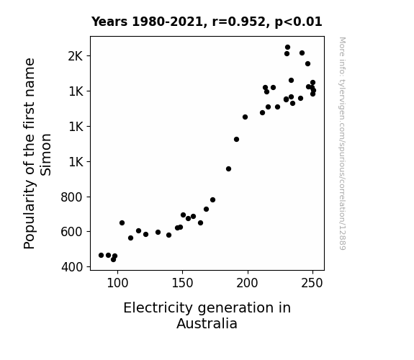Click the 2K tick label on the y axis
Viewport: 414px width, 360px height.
[76, 56]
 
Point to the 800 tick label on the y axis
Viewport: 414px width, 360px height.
[71, 197]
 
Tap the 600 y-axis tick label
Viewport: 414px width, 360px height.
[71, 232]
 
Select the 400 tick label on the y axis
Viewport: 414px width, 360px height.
[72, 267]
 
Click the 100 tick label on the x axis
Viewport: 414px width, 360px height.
[117, 283]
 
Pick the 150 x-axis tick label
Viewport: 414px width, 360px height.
[182, 283]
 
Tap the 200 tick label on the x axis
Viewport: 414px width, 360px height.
[247, 283]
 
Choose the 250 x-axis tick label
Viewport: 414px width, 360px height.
[312, 283]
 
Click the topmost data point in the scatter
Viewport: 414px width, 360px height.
[287, 48]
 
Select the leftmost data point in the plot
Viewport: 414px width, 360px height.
[101, 255]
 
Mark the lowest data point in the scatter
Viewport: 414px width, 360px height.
[113, 260]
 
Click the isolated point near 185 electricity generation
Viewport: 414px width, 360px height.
[229, 168]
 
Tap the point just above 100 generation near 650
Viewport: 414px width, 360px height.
[122, 223]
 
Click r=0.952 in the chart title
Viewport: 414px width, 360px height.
[239, 22]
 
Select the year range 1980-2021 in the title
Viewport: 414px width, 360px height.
[167, 22]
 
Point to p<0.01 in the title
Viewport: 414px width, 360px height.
[298, 22]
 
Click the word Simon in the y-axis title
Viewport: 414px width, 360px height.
[46, 155]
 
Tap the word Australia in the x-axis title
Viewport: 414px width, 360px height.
[207, 323]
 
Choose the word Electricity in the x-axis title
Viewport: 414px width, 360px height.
[158, 308]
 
